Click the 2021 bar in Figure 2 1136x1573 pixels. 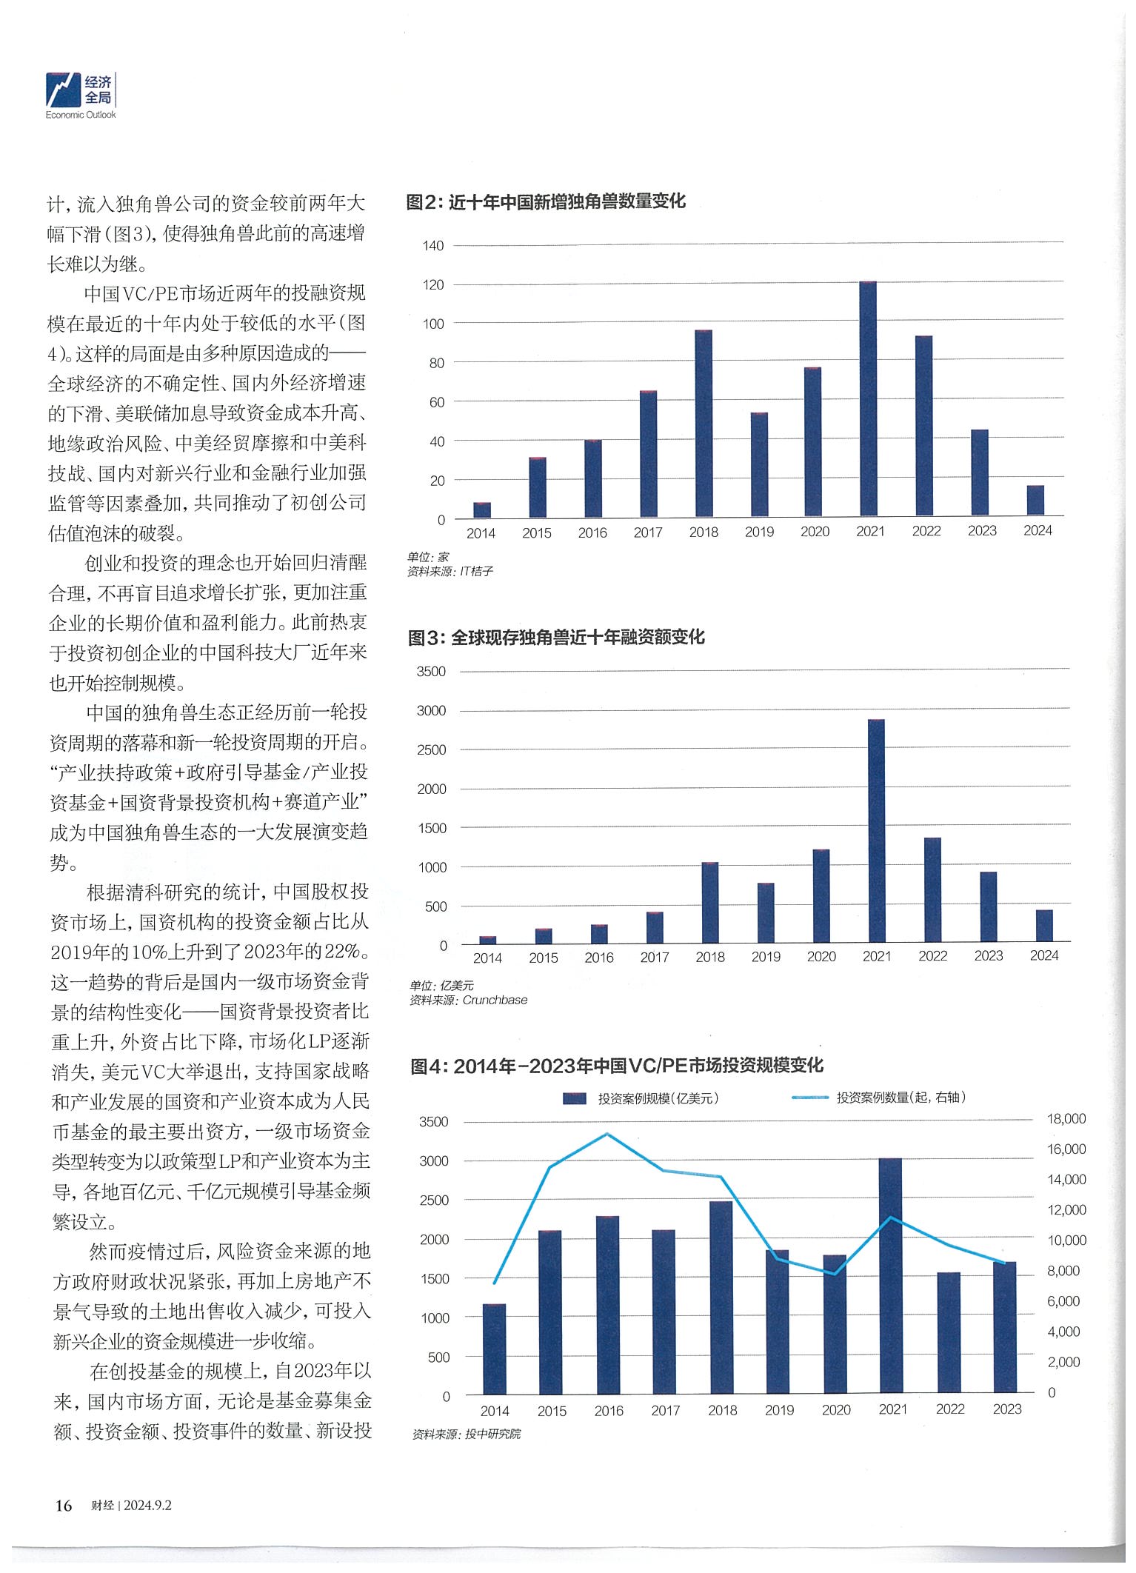pos(875,400)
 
